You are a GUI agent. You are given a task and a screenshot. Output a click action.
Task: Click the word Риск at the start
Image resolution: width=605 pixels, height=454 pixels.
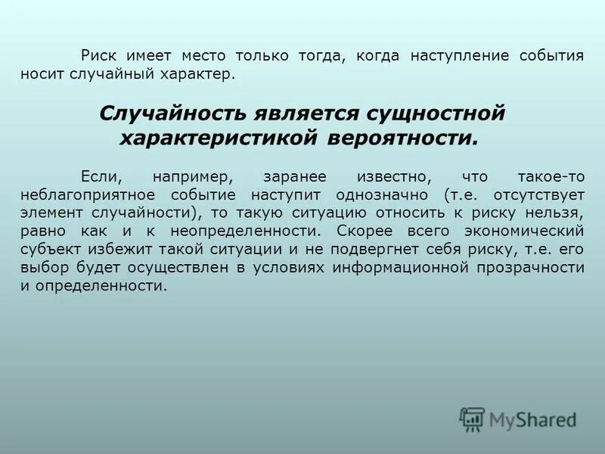click(98, 57)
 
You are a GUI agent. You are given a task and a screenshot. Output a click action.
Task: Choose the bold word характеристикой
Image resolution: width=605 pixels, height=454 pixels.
click(214, 139)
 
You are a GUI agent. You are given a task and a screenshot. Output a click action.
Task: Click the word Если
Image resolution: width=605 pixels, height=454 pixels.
click(99, 176)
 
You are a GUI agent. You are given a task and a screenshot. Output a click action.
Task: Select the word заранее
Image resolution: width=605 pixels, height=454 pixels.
click(295, 176)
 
